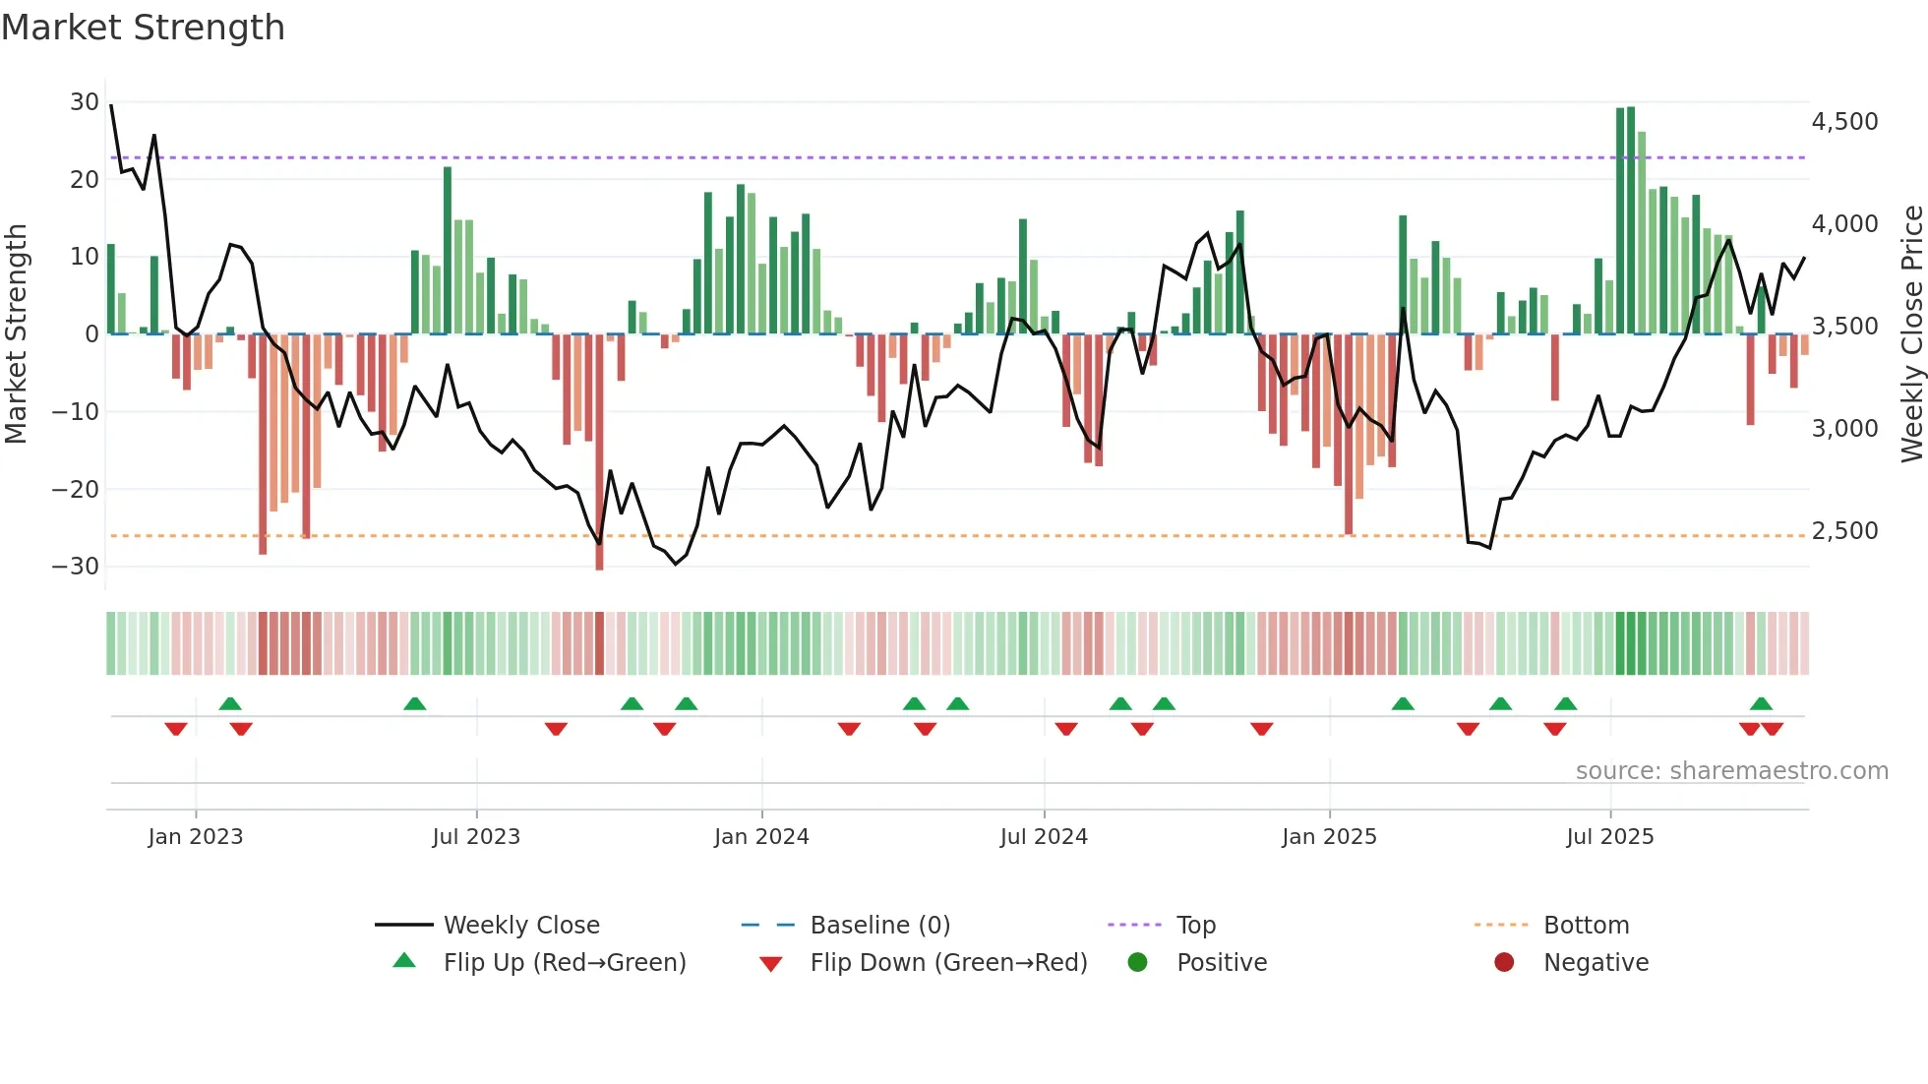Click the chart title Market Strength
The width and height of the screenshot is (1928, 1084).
tap(143, 28)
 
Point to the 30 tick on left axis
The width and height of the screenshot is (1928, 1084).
tap(85, 102)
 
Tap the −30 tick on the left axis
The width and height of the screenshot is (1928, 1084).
tap(77, 567)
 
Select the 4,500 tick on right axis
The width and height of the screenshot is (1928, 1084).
tap(1844, 122)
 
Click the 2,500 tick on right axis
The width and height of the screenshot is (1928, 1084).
tap(1844, 531)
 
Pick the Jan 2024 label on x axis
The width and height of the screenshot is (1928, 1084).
tap(761, 837)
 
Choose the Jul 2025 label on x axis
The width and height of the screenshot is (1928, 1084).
tap(1609, 837)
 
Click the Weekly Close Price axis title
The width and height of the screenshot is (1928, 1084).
tap(1911, 334)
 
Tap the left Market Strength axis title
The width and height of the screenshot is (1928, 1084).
tap(16, 334)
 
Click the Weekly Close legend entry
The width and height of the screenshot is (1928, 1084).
tap(521, 926)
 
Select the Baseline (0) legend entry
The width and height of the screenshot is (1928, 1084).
tap(879, 926)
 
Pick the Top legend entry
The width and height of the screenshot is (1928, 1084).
tap(1196, 926)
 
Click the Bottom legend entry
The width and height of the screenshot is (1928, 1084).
tap(1586, 926)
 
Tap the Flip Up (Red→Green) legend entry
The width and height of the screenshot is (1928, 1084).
tap(564, 963)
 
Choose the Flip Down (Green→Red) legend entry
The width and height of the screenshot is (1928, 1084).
tap(948, 963)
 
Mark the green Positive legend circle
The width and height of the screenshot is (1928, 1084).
tap(1137, 963)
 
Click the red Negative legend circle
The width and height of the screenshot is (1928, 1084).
tap(1504, 963)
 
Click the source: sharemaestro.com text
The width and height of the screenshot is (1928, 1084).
tap(1731, 771)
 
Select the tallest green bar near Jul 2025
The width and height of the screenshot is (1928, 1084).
tap(1631, 220)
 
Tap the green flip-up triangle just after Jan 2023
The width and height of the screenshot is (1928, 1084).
tap(230, 704)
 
